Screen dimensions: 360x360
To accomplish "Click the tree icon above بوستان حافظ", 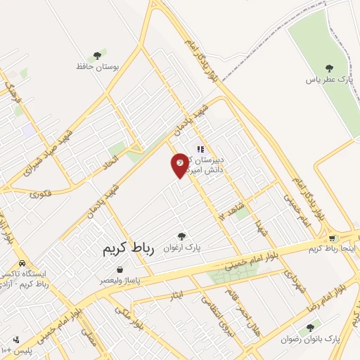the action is click(98, 55).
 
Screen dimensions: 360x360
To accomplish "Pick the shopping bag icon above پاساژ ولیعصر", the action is click(120, 269).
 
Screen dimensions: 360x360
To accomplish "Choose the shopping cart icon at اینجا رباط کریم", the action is click(332, 238).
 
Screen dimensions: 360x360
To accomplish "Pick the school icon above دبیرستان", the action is click(200, 149).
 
